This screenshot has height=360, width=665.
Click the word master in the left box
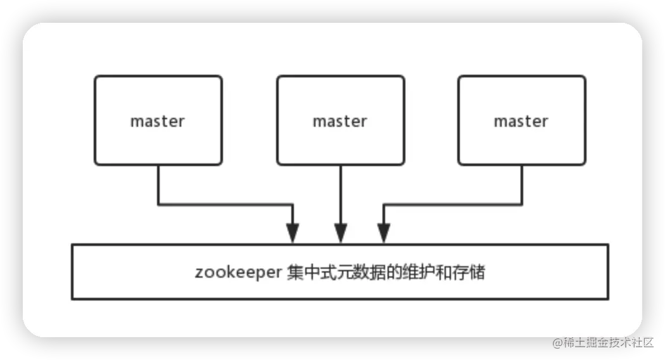click(158, 121)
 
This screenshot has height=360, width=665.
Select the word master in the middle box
click(340, 121)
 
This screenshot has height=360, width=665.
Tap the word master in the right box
click(521, 121)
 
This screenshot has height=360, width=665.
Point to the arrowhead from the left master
click(292, 234)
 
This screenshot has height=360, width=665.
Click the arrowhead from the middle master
click(341, 234)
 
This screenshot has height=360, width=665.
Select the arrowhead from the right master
click(383, 234)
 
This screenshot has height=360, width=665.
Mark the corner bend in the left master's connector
click(158, 205)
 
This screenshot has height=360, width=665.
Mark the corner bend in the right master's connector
click(522, 205)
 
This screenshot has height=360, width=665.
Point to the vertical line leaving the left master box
click(158, 184)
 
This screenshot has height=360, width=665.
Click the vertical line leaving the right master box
click(522, 184)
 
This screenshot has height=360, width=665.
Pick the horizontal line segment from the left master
click(225, 205)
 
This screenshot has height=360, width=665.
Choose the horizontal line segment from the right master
click(453, 205)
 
